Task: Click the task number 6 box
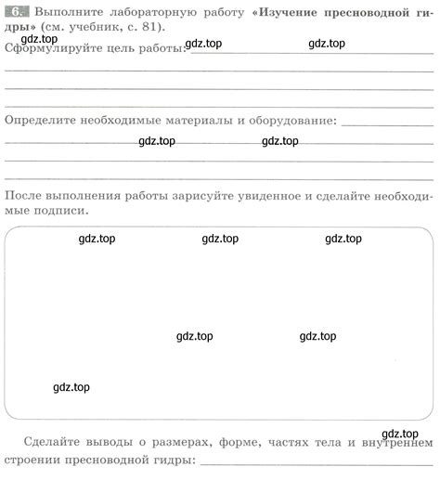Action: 18,13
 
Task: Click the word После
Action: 24,194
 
